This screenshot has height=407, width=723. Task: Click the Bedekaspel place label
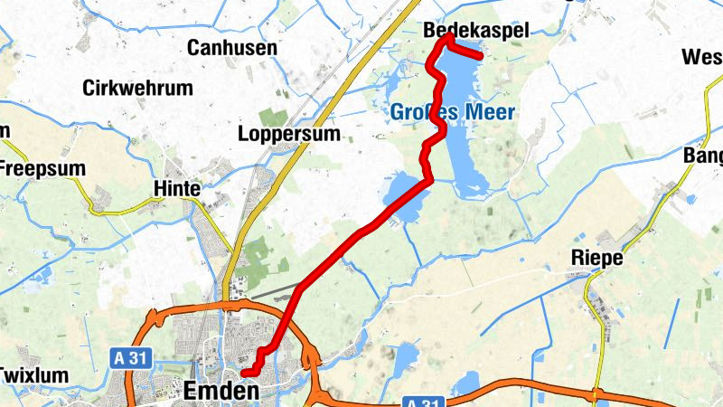[x=475, y=31]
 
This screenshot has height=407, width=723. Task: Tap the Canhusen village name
[x=232, y=48]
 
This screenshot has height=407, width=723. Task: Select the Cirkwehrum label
[x=137, y=89]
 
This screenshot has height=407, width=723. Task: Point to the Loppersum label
[x=289, y=134]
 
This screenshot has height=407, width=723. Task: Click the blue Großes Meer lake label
[x=454, y=112]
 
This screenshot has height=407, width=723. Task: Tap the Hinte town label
[x=177, y=189]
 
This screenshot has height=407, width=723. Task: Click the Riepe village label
[x=597, y=258]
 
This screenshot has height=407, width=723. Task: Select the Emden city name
[x=221, y=391]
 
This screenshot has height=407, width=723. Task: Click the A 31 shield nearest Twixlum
[x=129, y=359]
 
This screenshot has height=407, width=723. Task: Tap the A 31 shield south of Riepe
[x=421, y=402]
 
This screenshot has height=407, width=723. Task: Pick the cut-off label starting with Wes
[x=702, y=57]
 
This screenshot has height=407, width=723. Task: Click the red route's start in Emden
[x=244, y=371]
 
